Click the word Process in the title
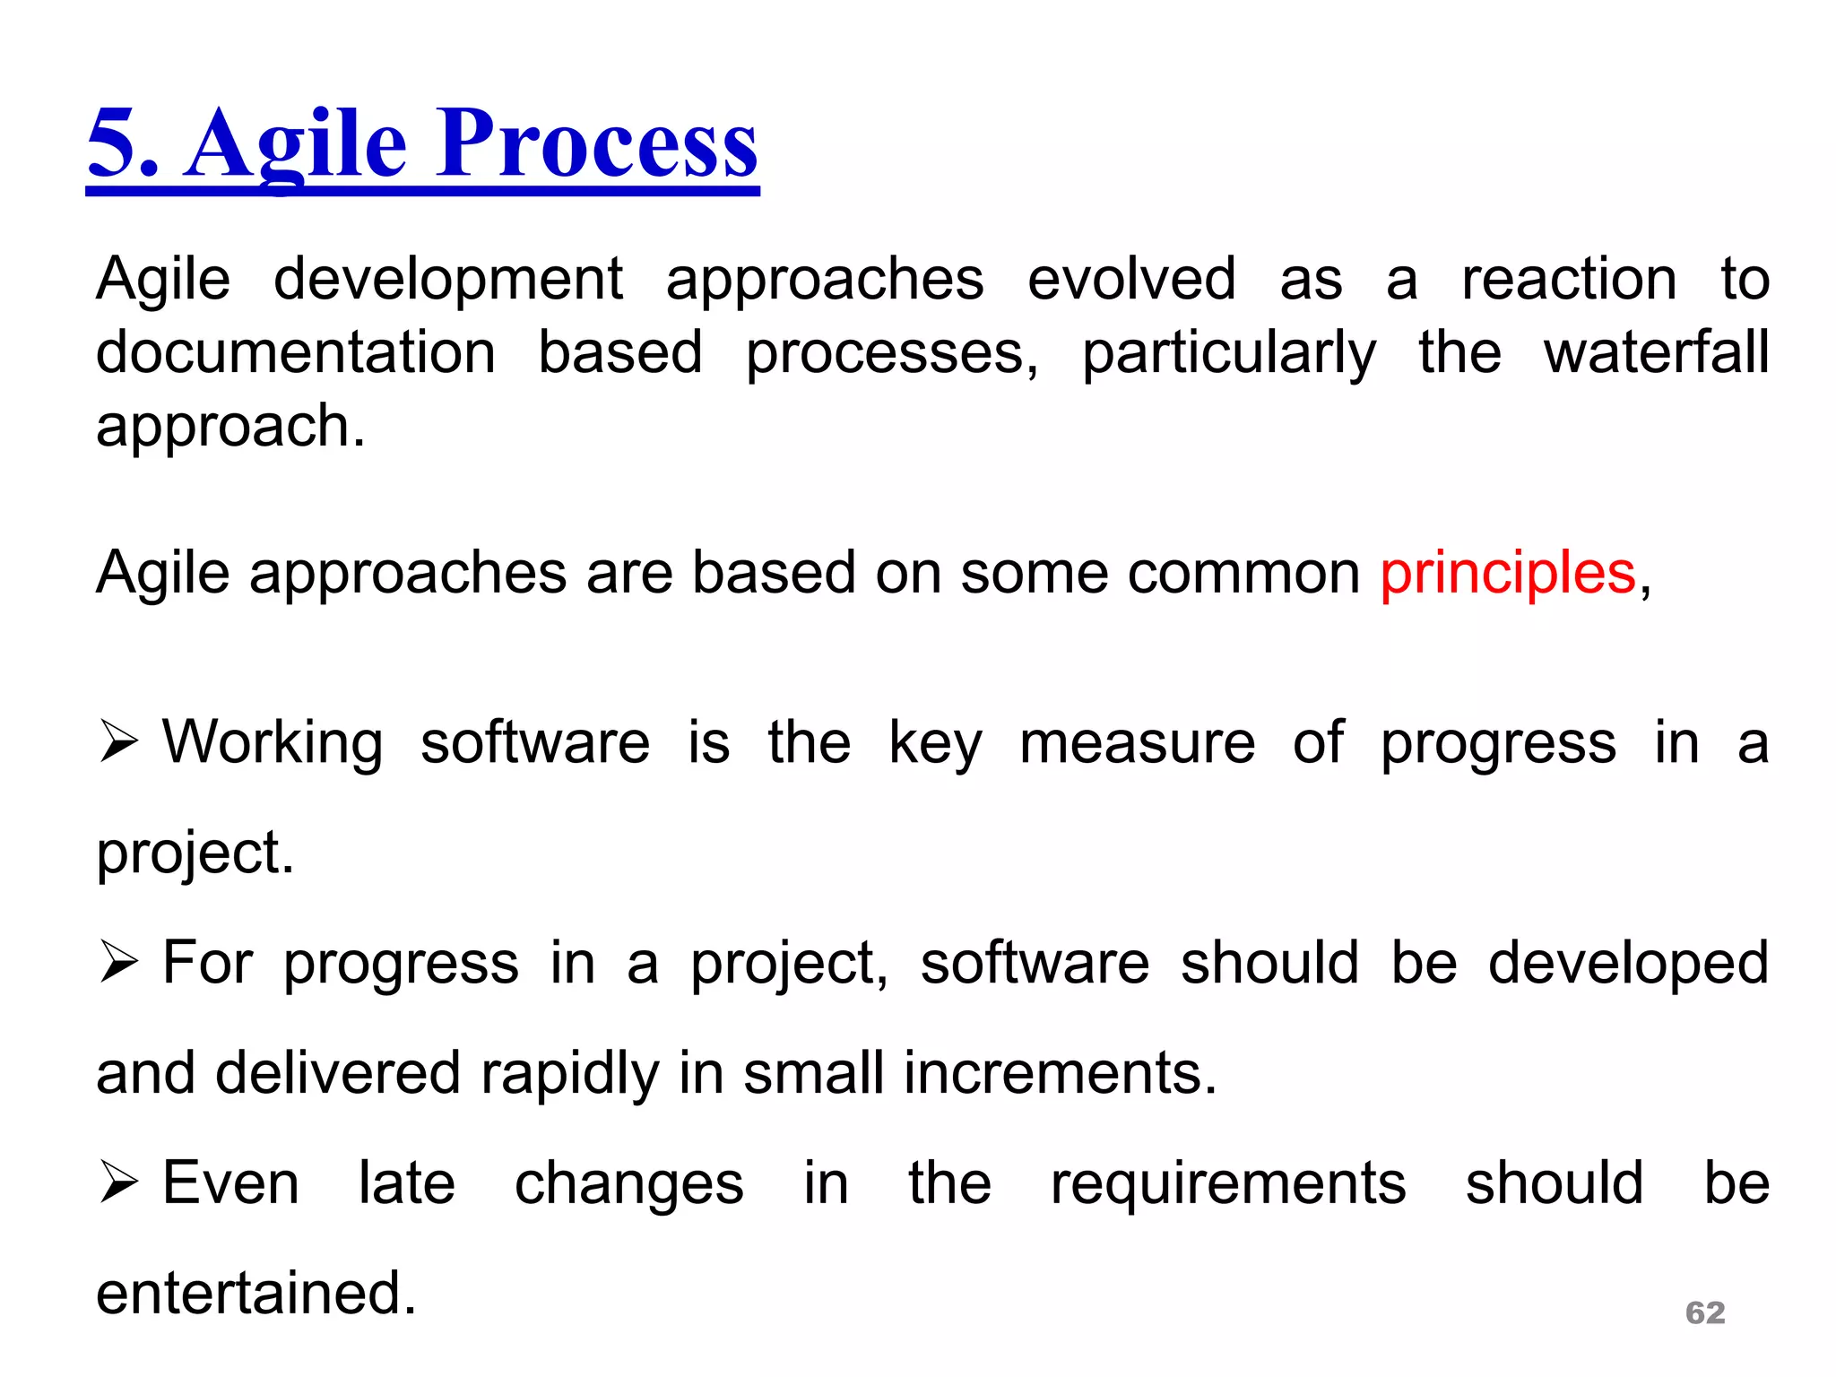click(x=597, y=143)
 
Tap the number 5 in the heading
click(x=112, y=143)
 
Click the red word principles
click(x=1508, y=574)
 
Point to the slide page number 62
click(x=1705, y=1312)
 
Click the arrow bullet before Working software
click(x=118, y=741)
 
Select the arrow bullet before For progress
click(x=118, y=962)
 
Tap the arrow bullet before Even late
click(x=118, y=1182)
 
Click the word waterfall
click(x=1656, y=351)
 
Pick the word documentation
click(x=296, y=351)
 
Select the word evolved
click(x=1131, y=279)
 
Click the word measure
click(x=1137, y=743)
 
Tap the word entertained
click(x=256, y=1294)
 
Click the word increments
click(x=1060, y=1073)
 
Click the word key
click(x=934, y=743)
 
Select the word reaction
click(x=1569, y=279)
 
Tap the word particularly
click(x=1228, y=353)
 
